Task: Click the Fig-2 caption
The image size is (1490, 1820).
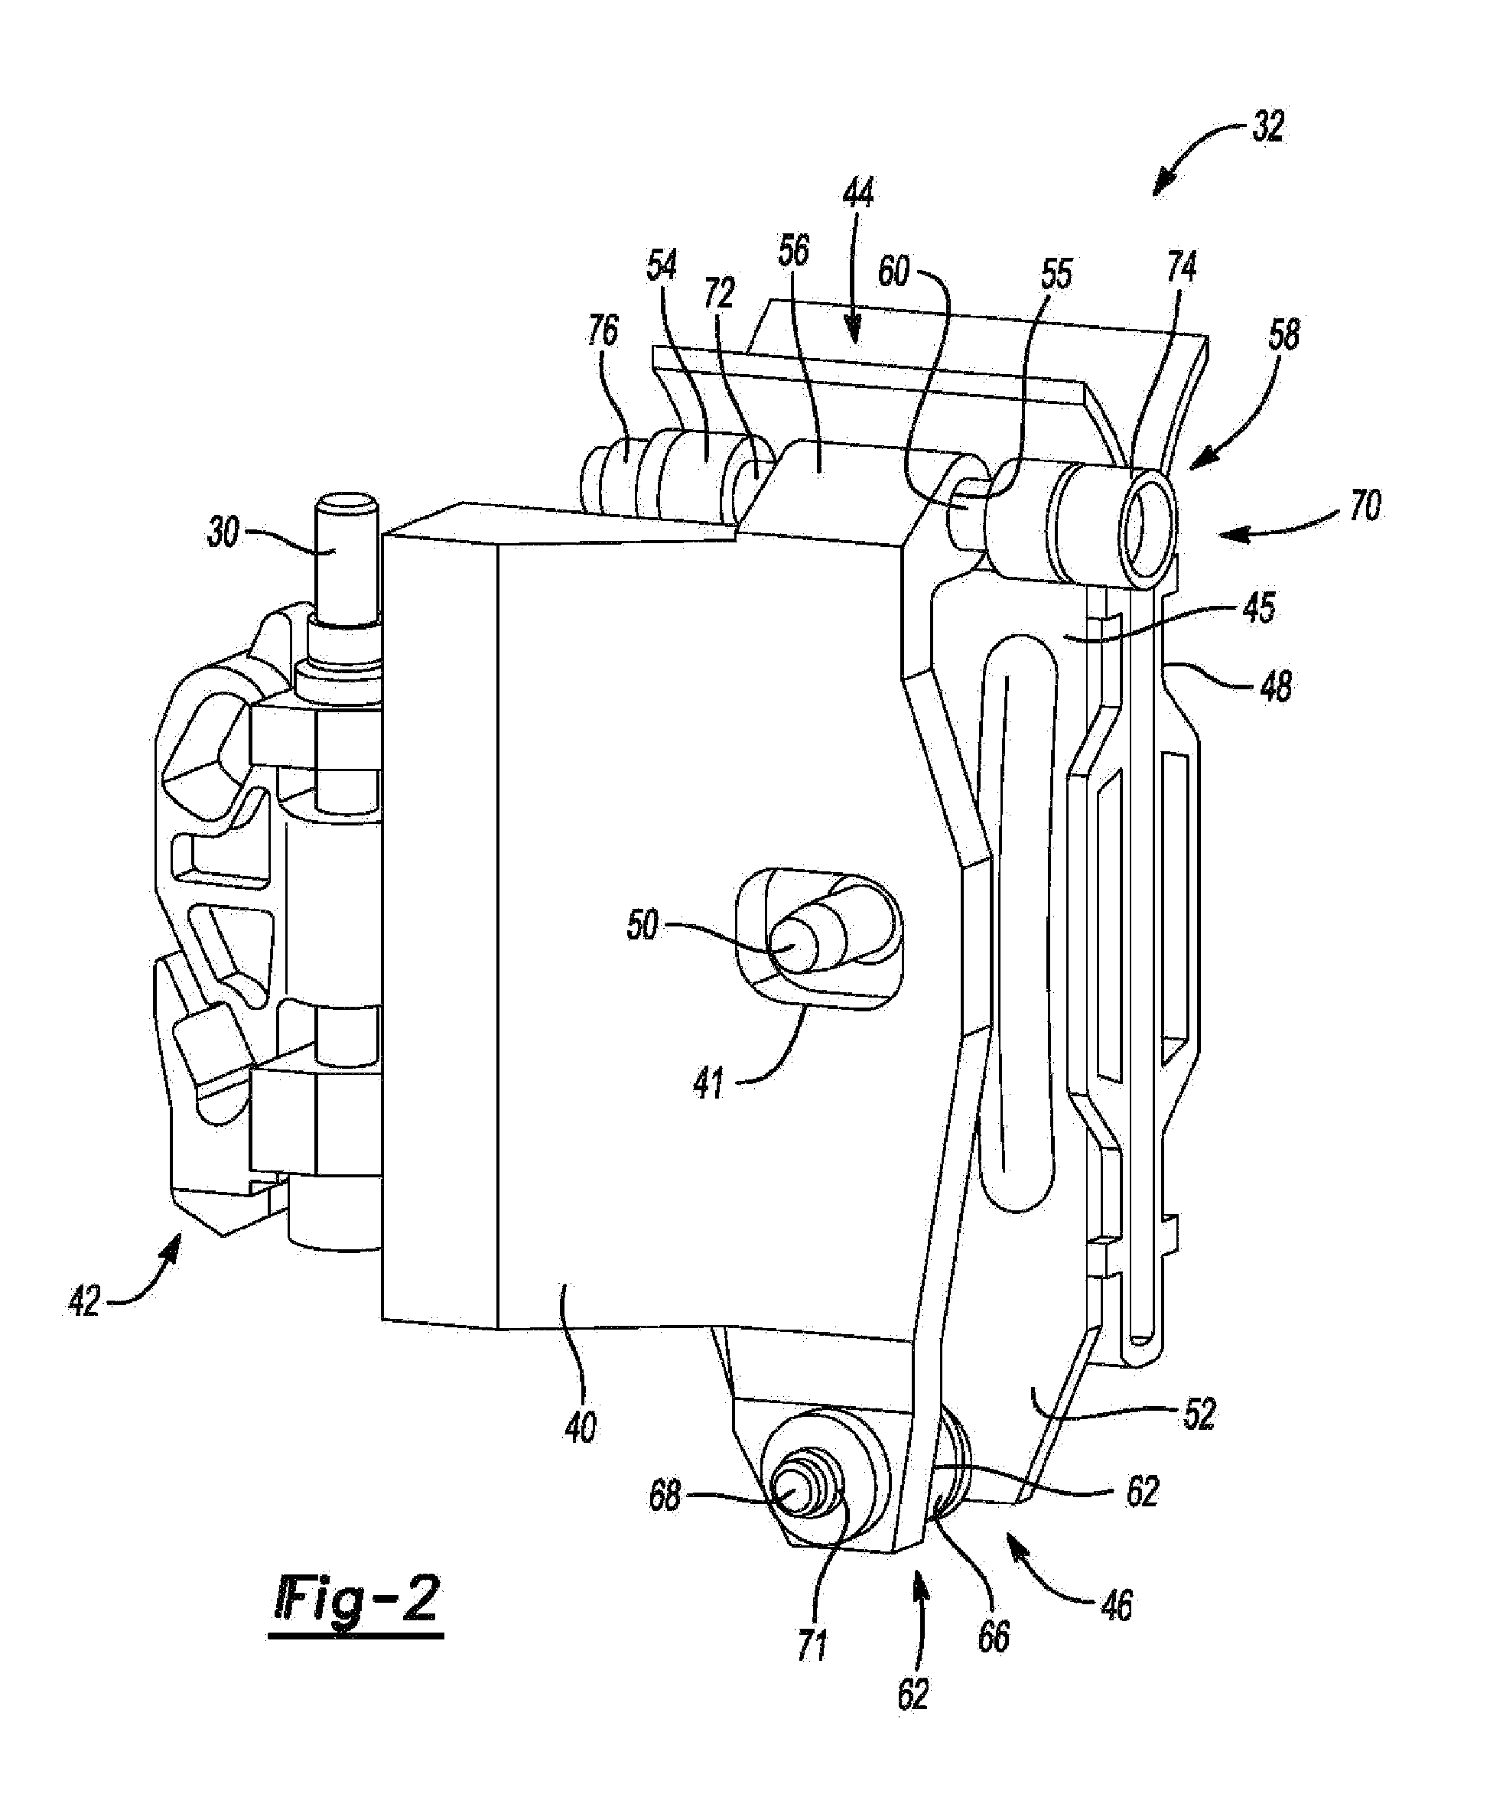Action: pos(356,1601)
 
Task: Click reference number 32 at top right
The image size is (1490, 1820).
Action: pos(1267,128)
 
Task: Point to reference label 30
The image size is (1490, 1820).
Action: pos(223,533)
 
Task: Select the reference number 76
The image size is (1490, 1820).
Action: pos(603,330)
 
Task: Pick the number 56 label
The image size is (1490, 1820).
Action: pos(794,251)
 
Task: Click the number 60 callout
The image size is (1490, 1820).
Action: pos(893,272)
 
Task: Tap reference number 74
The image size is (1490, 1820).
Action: pos(1181,268)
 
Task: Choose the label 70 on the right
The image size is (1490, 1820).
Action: pos(1365,506)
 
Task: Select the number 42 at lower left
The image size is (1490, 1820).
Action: pos(84,1301)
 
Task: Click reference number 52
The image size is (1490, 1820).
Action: pos(1199,1414)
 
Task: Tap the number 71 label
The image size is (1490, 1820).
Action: pos(812,1644)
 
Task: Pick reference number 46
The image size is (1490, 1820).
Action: pos(1116,1605)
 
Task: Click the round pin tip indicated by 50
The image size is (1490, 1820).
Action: pos(793,946)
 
